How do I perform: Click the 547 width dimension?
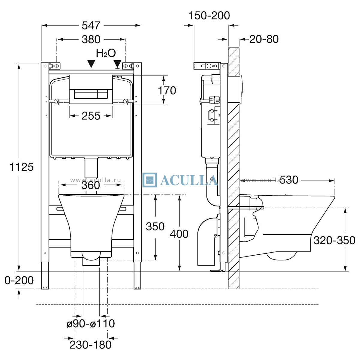(x=91, y=25)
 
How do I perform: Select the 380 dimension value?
(x=91, y=39)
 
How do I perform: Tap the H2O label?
(x=106, y=53)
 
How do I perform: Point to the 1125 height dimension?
(x=21, y=167)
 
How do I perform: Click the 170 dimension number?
(x=167, y=90)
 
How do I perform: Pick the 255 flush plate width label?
(x=91, y=116)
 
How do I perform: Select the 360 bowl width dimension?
(x=91, y=185)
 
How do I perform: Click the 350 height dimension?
(x=155, y=226)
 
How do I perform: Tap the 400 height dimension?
(x=179, y=234)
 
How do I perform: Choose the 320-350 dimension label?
(x=334, y=240)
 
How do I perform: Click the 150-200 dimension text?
(x=209, y=16)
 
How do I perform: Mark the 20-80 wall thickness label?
(x=264, y=39)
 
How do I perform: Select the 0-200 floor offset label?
(x=19, y=280)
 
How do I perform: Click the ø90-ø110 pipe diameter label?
(x=91, y=323)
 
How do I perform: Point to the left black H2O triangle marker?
(x=91, y=64)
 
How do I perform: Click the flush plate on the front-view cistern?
(x=91, y=89)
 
